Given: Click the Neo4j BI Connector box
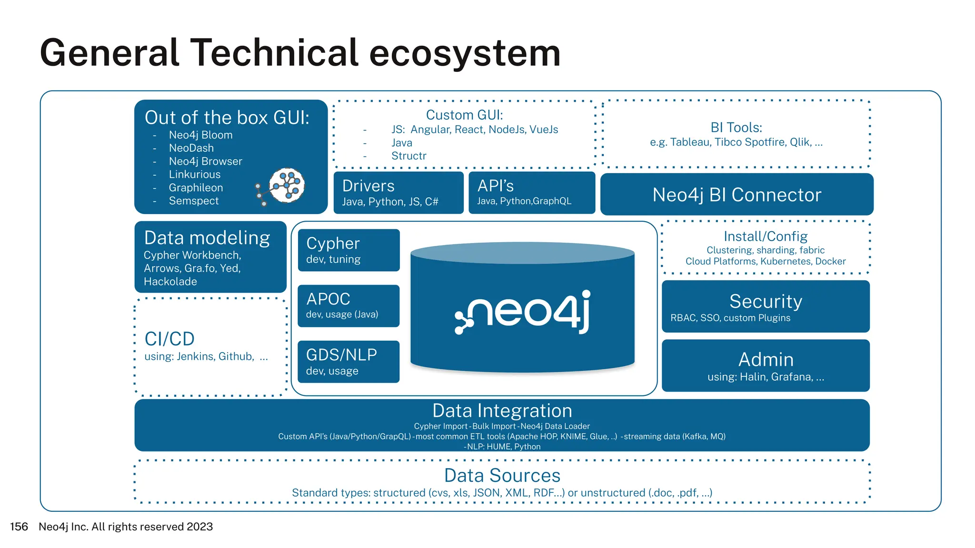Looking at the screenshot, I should [736, 195].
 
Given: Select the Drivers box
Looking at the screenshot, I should [398, 193].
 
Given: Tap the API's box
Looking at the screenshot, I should [531, 193].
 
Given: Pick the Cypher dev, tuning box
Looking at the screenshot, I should [348, 250].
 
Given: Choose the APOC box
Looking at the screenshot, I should [348, 306].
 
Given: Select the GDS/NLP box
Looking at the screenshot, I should [348, 362].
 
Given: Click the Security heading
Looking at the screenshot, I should [766, 301].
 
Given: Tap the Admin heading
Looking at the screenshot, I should [766, 360].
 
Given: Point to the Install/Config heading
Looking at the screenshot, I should [766, 236].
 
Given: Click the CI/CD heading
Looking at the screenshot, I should [169, 339].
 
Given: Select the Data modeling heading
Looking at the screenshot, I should [207, 238].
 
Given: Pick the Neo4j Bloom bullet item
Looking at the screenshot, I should [200, 135].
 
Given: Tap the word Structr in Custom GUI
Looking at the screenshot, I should [408, 156].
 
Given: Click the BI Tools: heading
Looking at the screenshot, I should [736, 127].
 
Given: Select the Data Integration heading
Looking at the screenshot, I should [502, 411].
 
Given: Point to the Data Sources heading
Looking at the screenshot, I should [502, 476].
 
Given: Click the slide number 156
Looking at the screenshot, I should [19, 527].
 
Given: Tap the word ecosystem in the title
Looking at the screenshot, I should [465, 53].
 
